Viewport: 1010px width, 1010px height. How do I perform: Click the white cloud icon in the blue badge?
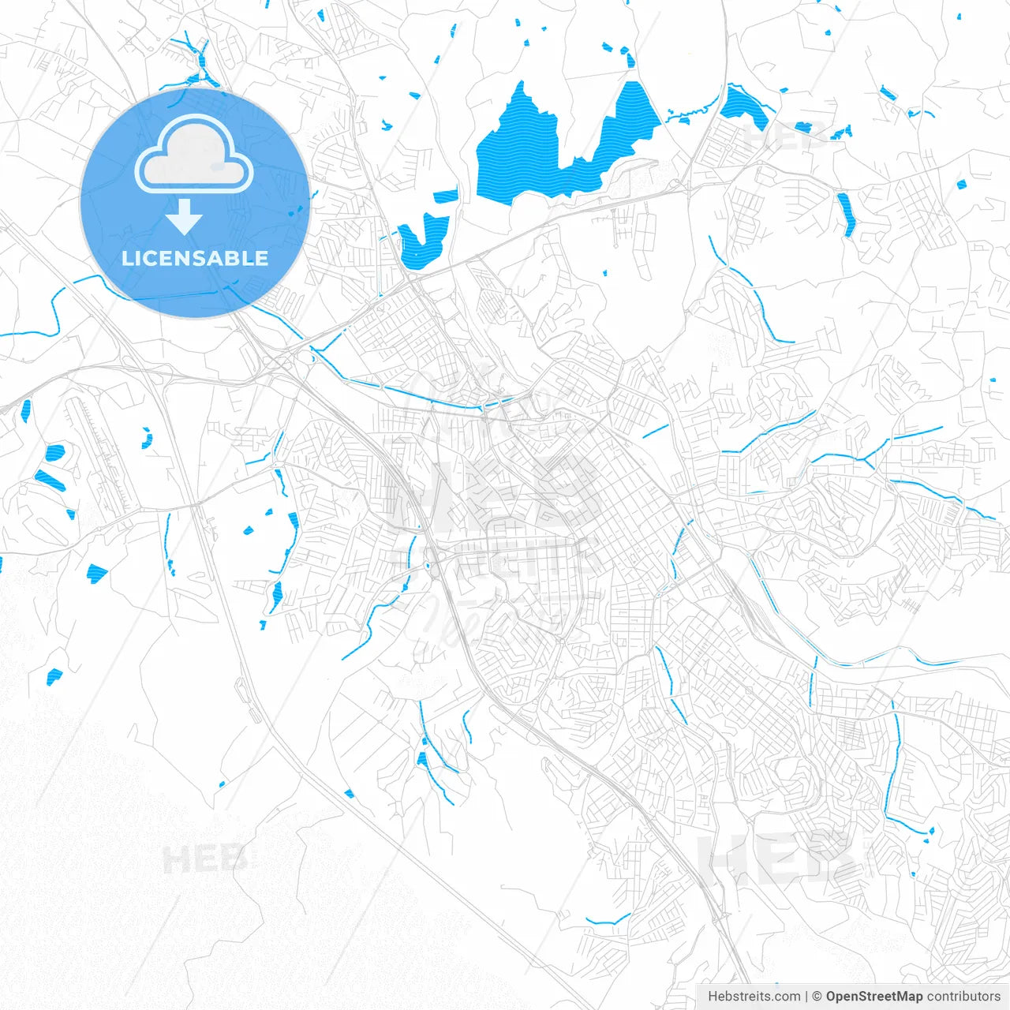pyautogui.click(x=194, y=155)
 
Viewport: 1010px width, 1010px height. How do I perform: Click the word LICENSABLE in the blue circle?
pyautogui.click(x=195, y=258)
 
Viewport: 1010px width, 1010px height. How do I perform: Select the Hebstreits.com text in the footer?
pyautogui.click(x=754, y=997)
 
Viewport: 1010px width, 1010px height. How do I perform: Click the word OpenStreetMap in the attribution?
pyautogui.click(x=873, y=997)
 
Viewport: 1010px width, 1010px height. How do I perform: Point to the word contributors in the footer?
pyautogui.click(x=963, y=997)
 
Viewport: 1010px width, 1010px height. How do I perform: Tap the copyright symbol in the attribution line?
pyautogui.click(x=817, y=997)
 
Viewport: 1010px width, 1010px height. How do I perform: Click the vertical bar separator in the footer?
pyautogui.click(x=806, y=997)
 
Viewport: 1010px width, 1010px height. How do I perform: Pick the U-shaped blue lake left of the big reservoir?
pyautogui.click(x=422, y=241)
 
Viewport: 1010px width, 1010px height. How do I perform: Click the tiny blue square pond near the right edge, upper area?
pyautogui.click(x=961, y=185)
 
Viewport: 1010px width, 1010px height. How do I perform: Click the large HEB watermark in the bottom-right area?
pyautogui.click(x=777, y=858)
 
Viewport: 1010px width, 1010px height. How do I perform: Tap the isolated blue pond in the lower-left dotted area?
pyautogui.click(x=54, y=676)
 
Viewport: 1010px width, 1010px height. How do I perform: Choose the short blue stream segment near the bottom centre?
pyautogui.click(x=608, y=920)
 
